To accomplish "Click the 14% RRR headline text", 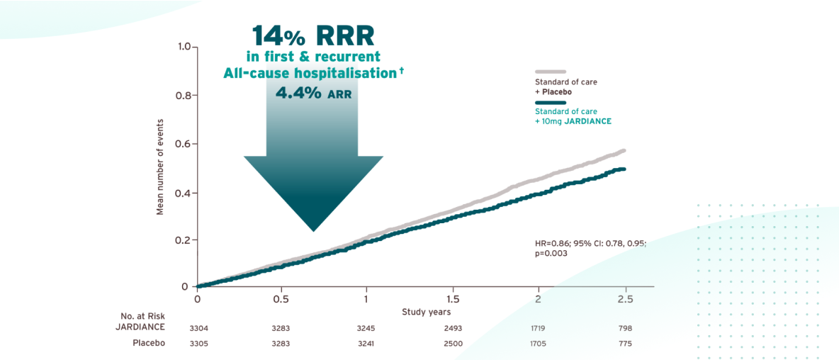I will coord(312,35).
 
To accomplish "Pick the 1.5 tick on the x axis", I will coord(453,299).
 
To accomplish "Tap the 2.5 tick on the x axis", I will coord(624,299).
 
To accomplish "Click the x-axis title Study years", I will coord(426,312).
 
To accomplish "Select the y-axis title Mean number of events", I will coord(160,167).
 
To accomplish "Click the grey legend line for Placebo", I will coord(550,72).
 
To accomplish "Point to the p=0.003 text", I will coord(551,254).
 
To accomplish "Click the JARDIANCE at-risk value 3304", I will coord(198,328).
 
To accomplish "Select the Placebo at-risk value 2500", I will coord(453,344).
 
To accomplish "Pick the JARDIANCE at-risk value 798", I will coord(624,328).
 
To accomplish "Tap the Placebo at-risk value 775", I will coord(624,344).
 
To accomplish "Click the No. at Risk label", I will coord(142,315).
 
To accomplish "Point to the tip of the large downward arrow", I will coord(312,230).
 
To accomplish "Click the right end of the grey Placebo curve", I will coord(624,150).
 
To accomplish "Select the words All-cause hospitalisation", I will coord(310,73).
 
